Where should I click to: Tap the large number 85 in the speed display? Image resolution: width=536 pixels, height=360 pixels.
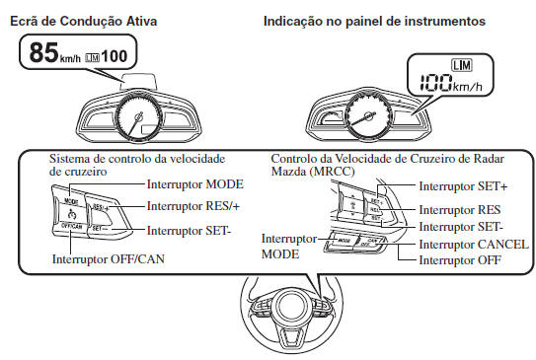click(43, 53)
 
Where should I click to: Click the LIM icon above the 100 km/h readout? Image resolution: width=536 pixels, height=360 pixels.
click(460, 66)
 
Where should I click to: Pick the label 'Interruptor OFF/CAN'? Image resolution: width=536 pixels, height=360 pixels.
click(108, 259)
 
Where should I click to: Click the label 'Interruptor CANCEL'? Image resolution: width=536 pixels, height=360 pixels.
click(474, 244)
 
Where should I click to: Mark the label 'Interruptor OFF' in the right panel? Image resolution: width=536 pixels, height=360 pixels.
click(461, 259)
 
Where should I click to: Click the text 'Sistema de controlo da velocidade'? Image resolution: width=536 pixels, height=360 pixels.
click(137, 159)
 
